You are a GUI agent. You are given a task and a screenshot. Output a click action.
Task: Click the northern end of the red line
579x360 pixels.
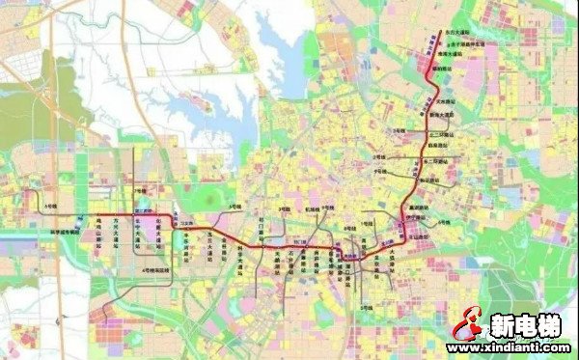[442, 34]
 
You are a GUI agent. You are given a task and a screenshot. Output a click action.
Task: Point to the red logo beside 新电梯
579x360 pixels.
[466, 325]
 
